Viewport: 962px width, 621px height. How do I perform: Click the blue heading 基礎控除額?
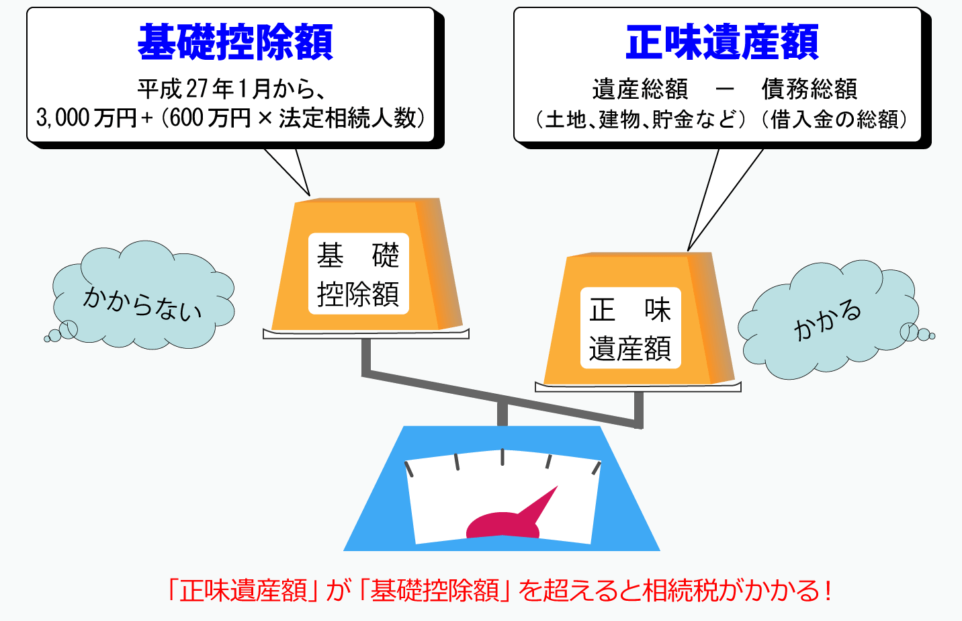click(x=235, y=42)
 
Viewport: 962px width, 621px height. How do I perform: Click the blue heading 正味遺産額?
click(x=722, y=42)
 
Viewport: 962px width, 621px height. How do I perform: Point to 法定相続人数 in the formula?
click(x=348, y=118)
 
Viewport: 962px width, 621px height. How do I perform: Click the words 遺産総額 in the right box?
click(x=640, y=89)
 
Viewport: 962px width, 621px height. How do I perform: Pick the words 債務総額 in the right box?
click(x=810, y=89)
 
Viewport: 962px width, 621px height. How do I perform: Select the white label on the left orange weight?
click(x=359, y=274)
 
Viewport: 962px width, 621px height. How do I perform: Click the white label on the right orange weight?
click(x=630, y=327)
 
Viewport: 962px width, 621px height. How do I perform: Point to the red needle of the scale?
click(x=511, y=515)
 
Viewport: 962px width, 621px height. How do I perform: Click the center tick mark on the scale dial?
click(x=502, y=457)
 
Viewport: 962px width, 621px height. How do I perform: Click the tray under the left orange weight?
click(x=366, y=334)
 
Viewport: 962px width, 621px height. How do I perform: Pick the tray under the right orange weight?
click(x=638, y=387)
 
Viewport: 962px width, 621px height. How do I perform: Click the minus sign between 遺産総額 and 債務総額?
click(x=725, y=89)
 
